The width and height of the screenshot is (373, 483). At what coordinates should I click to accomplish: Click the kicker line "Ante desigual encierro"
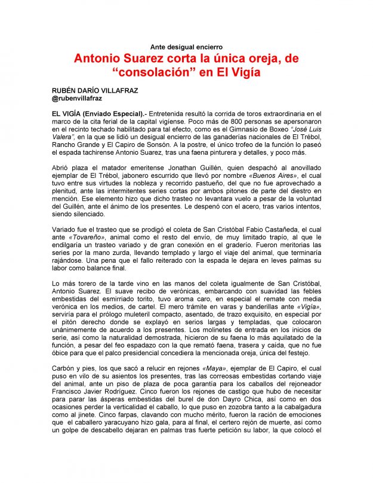[x=187, y=47]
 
